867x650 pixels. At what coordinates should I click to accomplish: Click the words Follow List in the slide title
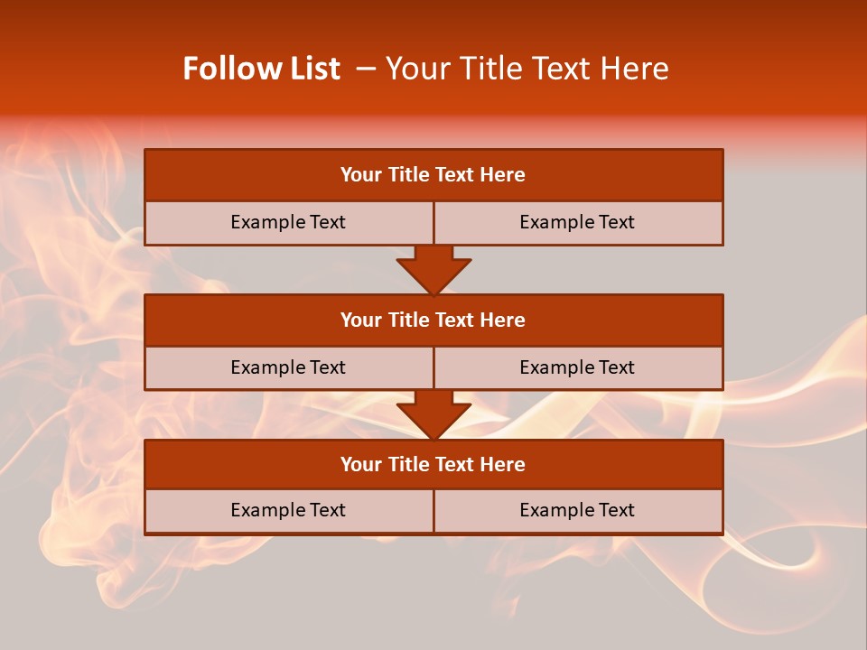coord(262,69)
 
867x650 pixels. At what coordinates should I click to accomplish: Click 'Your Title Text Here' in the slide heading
coord(527,69)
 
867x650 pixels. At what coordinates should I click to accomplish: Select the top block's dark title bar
coord(433,174)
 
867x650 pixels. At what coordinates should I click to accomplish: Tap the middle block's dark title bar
coord(433,320)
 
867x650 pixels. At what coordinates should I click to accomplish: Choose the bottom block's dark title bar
coord(433,464)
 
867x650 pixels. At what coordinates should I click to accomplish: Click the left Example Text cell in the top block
coord(288,222)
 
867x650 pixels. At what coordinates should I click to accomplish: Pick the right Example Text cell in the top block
coord(577,222)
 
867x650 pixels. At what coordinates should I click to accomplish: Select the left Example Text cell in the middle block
coord(288,367)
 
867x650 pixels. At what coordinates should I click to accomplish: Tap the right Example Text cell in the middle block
coord(577,367)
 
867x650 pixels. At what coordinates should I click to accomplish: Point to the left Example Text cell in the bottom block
coord(288,510)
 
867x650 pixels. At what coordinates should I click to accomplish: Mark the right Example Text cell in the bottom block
coord(577,510)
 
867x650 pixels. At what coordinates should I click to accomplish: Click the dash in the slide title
coord(366,69)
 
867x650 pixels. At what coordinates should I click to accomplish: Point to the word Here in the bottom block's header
coord(503,464)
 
